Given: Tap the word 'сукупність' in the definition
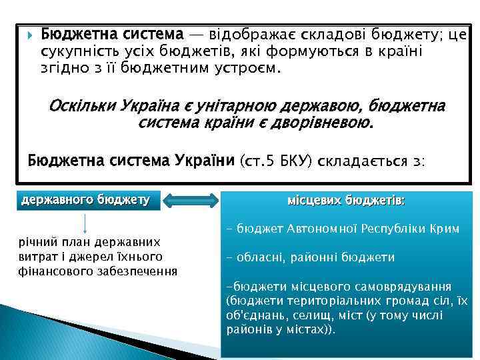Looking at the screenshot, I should (x=79, y=51).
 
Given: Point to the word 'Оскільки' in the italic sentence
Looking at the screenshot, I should (x=82, y=107).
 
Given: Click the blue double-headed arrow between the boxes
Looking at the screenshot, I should (x=191, y=199).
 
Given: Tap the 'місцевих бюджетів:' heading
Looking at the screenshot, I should (x=345, y=200).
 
